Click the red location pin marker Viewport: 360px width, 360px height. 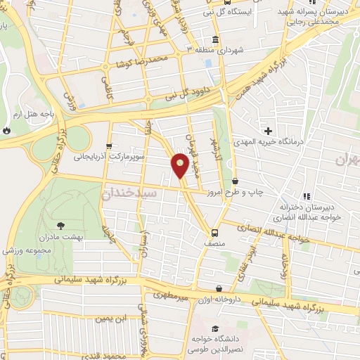pos(180,165)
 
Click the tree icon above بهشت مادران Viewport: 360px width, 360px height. pos(60,226)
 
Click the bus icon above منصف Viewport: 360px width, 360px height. pos(214,231)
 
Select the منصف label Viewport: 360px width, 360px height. pos(215,243)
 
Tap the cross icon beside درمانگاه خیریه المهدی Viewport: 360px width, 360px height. pos(268,130)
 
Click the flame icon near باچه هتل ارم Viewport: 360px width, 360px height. pos(6,130)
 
